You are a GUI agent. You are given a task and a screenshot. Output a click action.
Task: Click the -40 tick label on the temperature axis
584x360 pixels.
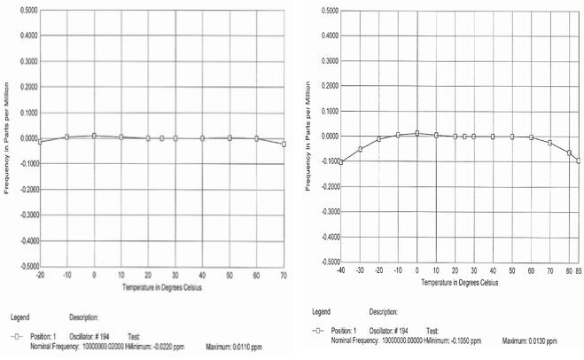click(x=340, y=270)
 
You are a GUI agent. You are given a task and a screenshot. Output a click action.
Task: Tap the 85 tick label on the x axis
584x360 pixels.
click(x=578, y=270)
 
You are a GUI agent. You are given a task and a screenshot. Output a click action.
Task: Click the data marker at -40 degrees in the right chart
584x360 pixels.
click(x=341, y=162)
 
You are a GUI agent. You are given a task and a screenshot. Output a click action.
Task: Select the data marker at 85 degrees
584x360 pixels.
click(x=578, y=160)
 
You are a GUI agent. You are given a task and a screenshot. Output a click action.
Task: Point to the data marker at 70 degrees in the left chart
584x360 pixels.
click(x=284, y=144)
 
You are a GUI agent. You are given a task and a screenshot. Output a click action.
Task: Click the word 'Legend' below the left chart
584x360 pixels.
click(x=21, y=317)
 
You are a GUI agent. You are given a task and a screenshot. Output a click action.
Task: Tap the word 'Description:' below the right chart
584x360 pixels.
click(x=384, y=311)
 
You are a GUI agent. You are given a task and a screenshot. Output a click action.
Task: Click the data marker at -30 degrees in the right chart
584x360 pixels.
click(x=360, y=149)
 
